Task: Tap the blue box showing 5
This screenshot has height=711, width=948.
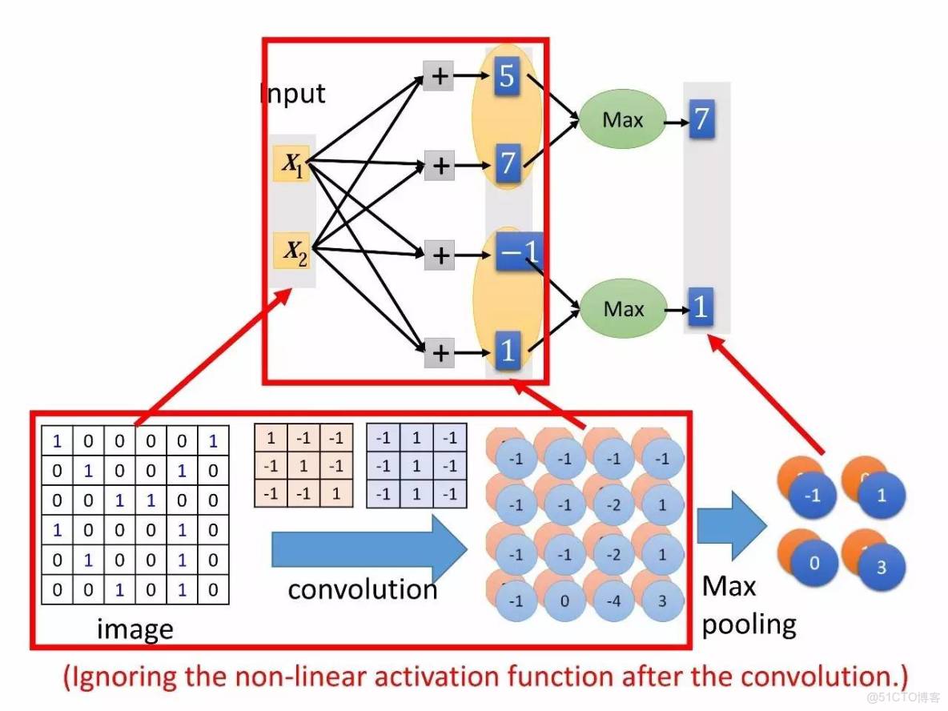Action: (x=507, y=76)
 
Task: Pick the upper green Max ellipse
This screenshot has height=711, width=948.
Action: (x=623, y=120)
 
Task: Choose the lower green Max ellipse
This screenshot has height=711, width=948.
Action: (x=623, y=308)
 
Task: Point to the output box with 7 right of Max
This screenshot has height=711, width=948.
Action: (x=701, y=120)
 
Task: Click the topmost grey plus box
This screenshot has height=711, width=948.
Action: (x=439, y=76)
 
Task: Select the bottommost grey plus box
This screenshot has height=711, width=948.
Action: (x=439, y=351)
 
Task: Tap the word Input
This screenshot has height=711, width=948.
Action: (x=293, y=94)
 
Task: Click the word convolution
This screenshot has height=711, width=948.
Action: (x=362, y=590)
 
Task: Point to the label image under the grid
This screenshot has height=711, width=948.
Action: (x=135, y=630)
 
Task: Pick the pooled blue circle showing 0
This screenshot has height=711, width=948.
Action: (x=814, y=563)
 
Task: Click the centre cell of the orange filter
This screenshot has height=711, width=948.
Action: (x=303, y=464)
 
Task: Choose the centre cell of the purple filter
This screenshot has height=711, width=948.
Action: (x=416, y=464)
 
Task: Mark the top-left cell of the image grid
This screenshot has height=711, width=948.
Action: (x=57, y=440)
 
